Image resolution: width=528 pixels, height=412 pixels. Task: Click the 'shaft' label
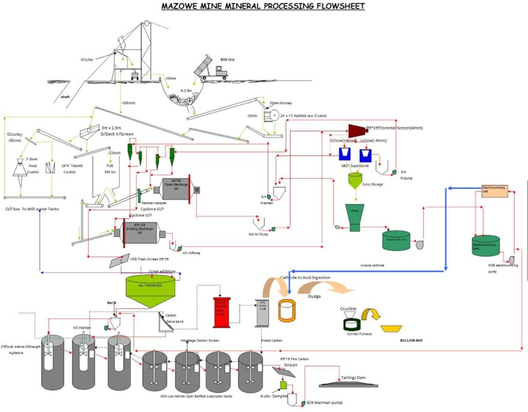65,97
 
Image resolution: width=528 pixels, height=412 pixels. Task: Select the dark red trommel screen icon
356,130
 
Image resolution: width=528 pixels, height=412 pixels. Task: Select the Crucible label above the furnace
349,308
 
